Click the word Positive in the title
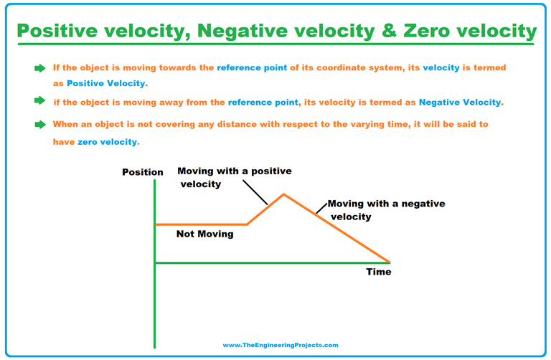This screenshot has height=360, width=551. coord(58,32)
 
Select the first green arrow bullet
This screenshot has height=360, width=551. coord(39,68)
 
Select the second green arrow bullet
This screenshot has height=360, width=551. coord(39,101)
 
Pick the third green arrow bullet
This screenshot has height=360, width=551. coord(39,125)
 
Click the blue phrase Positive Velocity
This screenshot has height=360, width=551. coord(106,84)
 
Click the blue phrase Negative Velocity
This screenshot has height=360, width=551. coord(460,103)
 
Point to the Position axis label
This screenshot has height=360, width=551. coord(143,172)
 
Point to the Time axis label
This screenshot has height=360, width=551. coord(379,272)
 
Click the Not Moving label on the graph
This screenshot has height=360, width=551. coord(205,234)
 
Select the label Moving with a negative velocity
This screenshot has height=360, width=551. coord(386,209)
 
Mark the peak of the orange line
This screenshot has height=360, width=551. coord(284,194)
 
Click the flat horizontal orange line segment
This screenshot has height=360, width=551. coord(201,224)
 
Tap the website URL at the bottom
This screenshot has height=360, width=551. coord(280,345)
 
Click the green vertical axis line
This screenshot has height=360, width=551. coord(154,301)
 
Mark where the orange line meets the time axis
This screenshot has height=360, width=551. coord(390,262)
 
